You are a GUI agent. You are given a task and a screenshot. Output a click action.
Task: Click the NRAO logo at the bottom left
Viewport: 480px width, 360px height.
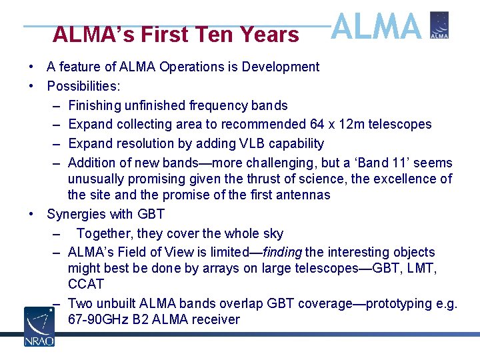(x=39, y=326)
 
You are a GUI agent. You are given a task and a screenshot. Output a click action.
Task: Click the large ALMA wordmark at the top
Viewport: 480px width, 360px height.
(x=377, y=27)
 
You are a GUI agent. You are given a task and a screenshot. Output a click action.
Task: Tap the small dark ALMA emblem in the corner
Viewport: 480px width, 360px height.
(x=439, y=25)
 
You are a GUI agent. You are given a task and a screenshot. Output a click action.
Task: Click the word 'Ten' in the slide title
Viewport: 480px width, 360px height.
(x=217, y=35)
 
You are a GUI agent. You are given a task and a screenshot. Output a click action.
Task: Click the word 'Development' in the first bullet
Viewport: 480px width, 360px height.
(x=281, y=67)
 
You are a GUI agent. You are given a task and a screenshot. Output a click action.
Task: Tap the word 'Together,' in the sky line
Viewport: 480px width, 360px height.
(x=105, y=233)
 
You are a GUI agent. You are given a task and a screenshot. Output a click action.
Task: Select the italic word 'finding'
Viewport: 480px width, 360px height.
(x=283, y=252)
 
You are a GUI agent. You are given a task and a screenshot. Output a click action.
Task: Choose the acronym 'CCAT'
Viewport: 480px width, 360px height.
(x=86, y=284)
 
